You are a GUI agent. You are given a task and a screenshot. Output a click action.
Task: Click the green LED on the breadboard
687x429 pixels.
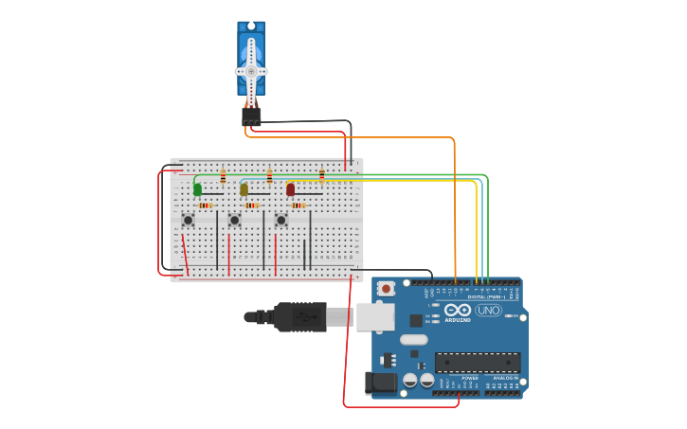(197, 189)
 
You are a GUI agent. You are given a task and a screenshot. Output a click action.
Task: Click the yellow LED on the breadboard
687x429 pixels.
(244, 189)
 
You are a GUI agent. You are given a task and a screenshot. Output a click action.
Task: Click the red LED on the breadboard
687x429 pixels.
(290, 189)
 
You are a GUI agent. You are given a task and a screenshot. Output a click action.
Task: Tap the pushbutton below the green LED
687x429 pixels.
(188, 220)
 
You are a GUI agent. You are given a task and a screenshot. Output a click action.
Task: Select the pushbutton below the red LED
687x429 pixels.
(280, 220)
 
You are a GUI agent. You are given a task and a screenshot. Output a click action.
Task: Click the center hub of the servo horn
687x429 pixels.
(251, 71)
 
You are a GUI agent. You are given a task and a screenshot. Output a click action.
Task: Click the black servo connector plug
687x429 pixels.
(251, 116)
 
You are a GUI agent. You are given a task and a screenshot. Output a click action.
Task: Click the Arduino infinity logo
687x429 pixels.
(458, 311)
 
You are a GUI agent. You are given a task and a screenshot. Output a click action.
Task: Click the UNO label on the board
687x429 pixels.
(488, 311)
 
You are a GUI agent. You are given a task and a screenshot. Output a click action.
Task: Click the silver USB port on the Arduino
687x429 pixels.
(376, 316)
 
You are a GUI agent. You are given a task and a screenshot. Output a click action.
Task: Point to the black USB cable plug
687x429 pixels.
(301, 316)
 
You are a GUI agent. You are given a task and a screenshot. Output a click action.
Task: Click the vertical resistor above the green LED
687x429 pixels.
(223, 176)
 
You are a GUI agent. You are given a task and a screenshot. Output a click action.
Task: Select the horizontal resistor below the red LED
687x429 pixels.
(298, 205)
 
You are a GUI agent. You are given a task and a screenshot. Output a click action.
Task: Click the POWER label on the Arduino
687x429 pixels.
(470, 378)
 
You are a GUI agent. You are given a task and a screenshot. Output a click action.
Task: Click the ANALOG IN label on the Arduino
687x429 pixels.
(502, 378)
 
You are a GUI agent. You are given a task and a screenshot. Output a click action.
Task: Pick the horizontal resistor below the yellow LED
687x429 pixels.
(252, 205)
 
